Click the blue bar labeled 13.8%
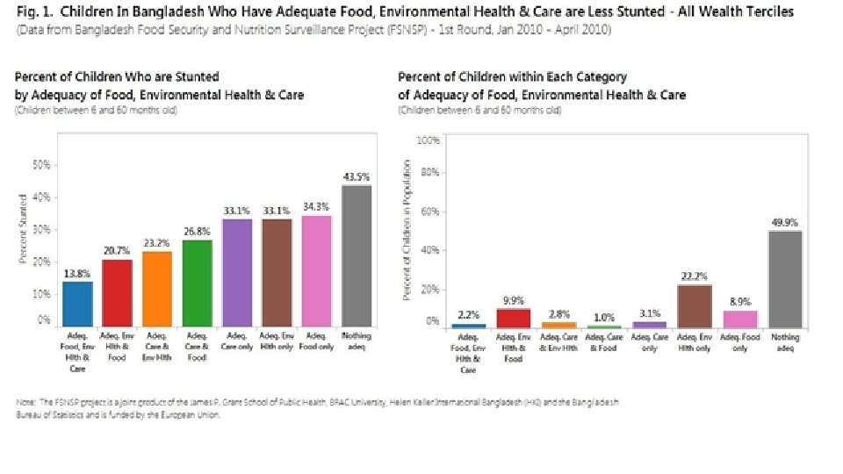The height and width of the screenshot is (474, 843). point(77,302)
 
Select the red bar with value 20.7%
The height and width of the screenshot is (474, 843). point(117,292)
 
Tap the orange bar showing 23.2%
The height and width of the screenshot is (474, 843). point(157,288)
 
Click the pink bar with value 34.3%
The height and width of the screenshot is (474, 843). point(316,270)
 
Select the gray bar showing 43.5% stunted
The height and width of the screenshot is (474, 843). point(356,255)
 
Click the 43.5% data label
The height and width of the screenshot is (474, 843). point(356,176)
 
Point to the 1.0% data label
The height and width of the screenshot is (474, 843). point(602,316)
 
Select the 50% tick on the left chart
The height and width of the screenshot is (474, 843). point(40,165)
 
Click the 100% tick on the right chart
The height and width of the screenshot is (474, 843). point(428,140)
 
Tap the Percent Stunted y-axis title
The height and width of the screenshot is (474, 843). point(24,228)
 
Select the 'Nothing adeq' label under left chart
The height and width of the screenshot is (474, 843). point(356,341)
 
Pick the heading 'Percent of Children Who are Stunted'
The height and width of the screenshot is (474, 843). point(117,77)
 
